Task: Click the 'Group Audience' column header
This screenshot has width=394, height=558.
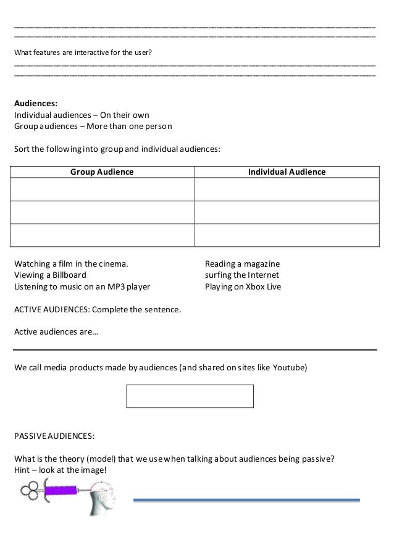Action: tap(102, 172)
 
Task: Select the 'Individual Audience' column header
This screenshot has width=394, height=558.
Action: tap(287, 172)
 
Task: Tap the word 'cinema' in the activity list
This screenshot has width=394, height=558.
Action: tap(115, 264)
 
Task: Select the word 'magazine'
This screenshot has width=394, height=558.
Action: tap(261, 264)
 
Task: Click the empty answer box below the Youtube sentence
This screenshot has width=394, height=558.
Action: tap(190, 396)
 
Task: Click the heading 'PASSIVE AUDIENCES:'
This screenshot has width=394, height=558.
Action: tap(54, 436)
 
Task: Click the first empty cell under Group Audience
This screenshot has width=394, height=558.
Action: tap(103, 189)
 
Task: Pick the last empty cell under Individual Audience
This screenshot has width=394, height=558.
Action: tap(287, 235)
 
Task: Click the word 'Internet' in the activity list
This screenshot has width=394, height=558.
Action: tap(263, 275)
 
